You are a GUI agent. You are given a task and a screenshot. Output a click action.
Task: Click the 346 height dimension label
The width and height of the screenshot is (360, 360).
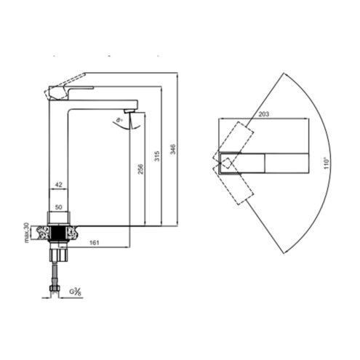click(x=172, y=149)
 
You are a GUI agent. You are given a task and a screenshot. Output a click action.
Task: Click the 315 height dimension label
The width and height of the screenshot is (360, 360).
click(x=157, y=156)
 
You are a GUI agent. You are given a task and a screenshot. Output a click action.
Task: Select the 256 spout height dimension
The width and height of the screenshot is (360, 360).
click(x=140, y=169)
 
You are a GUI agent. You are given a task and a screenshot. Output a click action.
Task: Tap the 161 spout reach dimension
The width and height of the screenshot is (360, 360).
click(x=95, y=242)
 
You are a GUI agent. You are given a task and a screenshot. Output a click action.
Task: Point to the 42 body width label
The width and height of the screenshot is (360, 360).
click(x=58, y=185)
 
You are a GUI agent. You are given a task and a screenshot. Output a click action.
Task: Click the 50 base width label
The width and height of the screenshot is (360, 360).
click(x=58, y=207)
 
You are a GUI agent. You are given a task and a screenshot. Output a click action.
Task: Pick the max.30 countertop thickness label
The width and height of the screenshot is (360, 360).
click(x=27, y=233)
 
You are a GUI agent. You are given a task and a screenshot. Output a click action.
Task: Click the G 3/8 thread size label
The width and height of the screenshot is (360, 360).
click(x=75, y=292)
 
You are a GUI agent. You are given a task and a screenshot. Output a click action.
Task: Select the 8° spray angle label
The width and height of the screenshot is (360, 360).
click(x=119, y=120)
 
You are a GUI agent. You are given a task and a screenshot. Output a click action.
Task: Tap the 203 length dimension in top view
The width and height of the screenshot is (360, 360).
click(x=263, y=114)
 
